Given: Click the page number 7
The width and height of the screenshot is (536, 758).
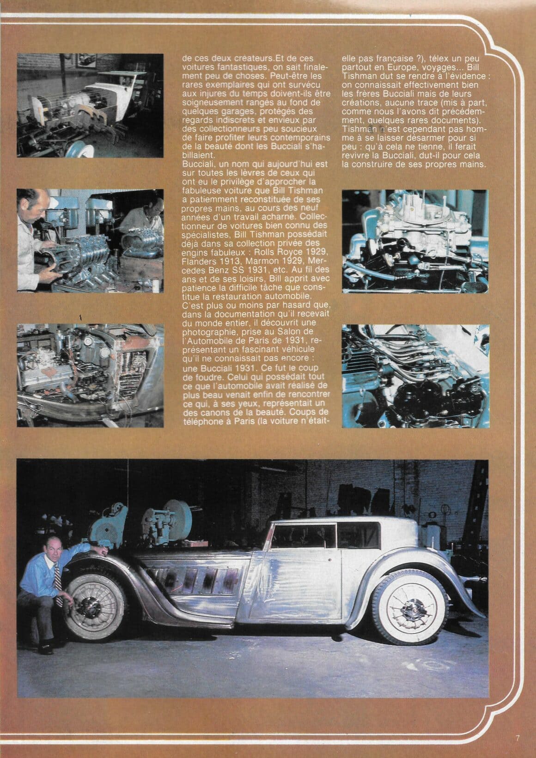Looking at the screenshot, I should (518, 738).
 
